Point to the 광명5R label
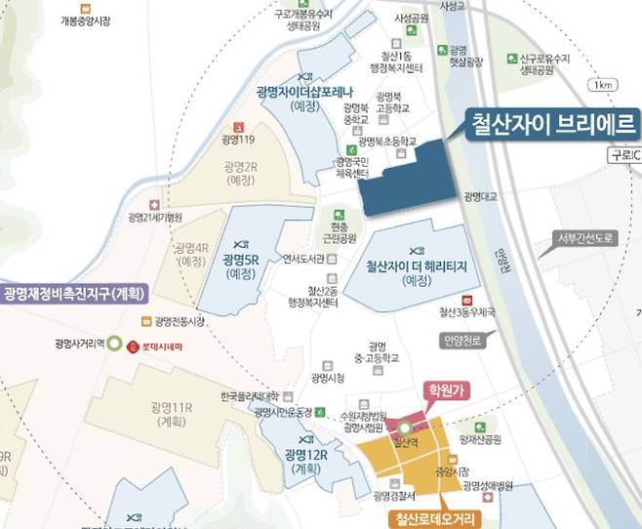pyautogui.click(x=240, y=260)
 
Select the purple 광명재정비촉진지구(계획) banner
pyautogui.click(x=74, y=293)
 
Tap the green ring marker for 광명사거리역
pyautogui.click(x=113, y=345)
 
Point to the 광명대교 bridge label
pyautogui.click(x=481, y=196)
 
